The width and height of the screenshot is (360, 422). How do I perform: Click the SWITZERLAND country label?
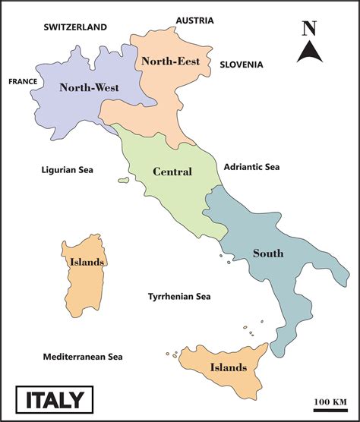click(75, 27)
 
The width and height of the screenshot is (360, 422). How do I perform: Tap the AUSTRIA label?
click(194, 20)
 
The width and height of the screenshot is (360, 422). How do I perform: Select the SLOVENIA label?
click(242, 65)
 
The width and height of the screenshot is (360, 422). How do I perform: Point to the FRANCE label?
click(23, 80)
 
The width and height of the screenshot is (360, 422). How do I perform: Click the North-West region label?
click(89, 87)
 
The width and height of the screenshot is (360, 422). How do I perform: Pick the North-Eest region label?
click(171, 61)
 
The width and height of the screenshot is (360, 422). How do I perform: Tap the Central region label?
click(172, 172)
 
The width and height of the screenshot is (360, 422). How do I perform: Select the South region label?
click(268, 254)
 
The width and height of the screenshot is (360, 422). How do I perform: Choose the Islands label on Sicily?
click(229, 368)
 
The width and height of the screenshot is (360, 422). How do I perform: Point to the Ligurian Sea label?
click(67, 170)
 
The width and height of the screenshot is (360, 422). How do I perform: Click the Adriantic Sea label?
click(251, 167)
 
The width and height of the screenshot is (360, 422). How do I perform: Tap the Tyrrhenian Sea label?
click(179, 297)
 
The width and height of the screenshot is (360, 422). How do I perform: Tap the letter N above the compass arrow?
click(308, 29)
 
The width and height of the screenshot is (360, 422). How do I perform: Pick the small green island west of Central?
click(123, 180)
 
